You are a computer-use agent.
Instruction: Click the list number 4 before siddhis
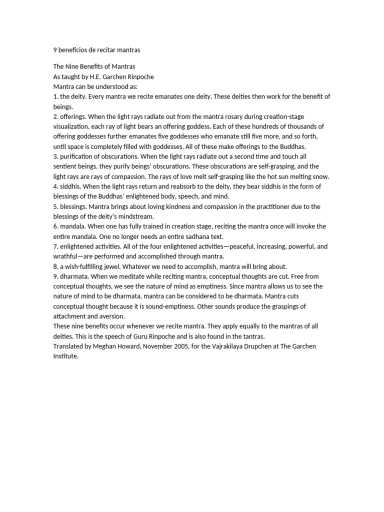55,186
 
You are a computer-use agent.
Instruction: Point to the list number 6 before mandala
55,226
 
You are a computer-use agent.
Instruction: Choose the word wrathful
66,256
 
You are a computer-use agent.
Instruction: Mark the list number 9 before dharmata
55,276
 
